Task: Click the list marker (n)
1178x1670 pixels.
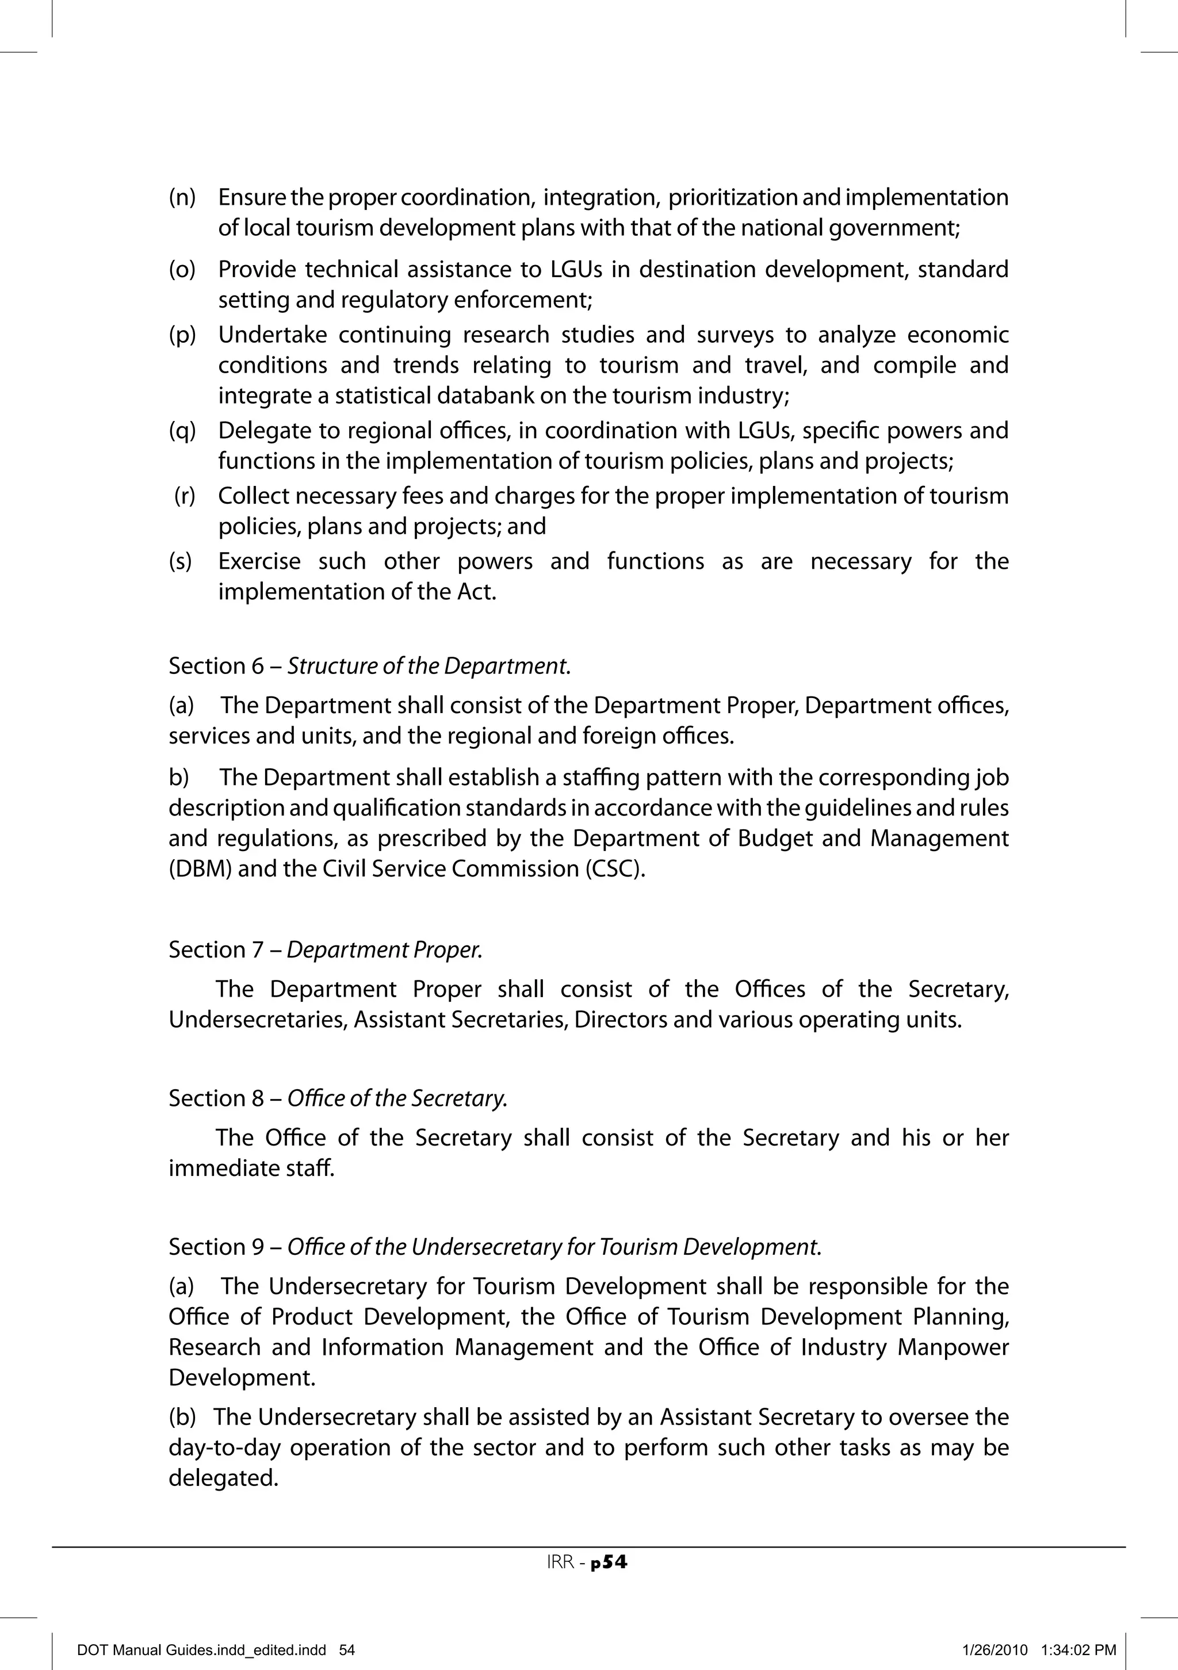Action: (182, 198)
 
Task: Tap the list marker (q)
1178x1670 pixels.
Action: (182, 431)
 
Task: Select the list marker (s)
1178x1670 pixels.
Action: (181, 561)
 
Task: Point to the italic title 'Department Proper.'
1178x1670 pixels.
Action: (384, 950)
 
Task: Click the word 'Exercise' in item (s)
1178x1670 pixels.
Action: (259, 561)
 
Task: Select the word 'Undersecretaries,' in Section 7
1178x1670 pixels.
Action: (258, 1020)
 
